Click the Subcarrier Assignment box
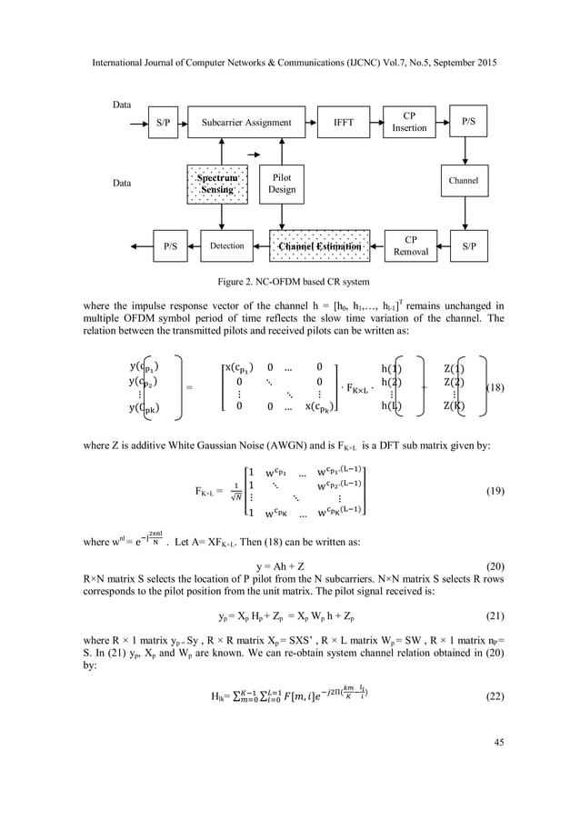coord(246,123)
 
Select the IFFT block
coord(344,123)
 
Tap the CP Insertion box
coord(409,123)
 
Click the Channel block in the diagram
coord(463,181)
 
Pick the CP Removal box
coord(411,245)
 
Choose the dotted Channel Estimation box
coord(319,245)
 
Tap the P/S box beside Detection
coord(169,245)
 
